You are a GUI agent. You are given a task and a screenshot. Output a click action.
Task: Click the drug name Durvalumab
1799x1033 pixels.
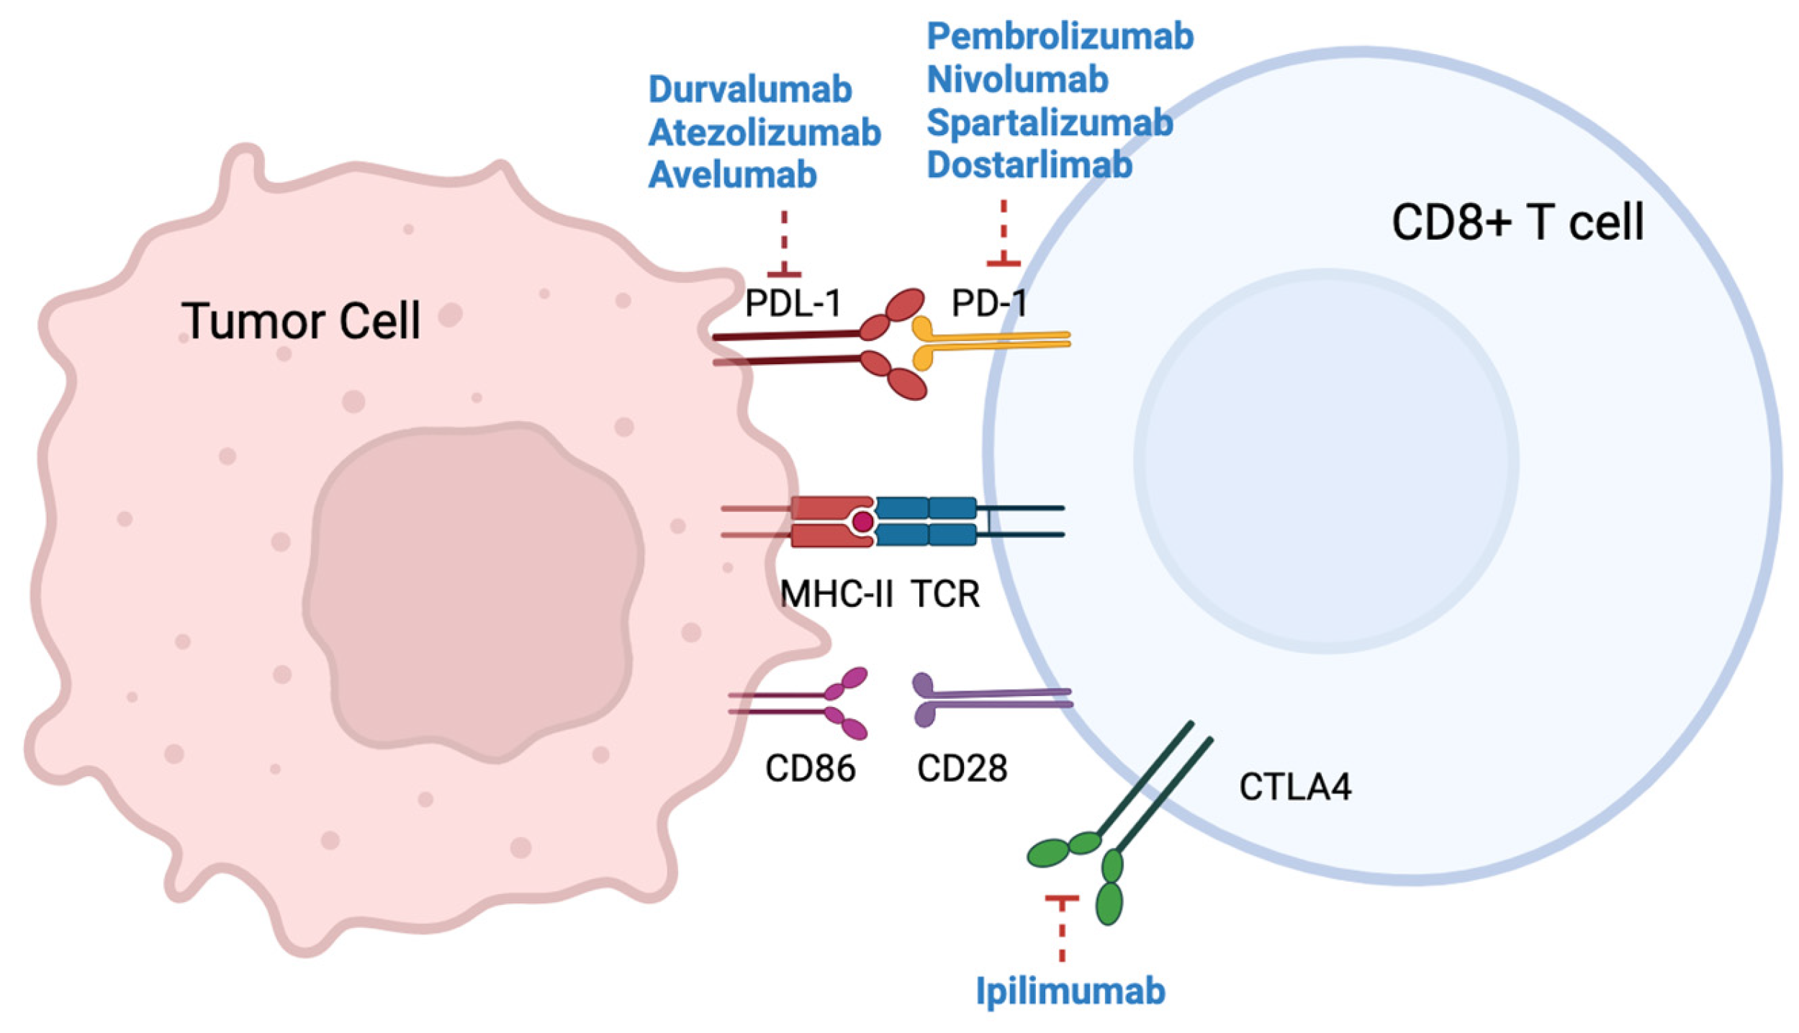pyautogui.click(x=749, y=90)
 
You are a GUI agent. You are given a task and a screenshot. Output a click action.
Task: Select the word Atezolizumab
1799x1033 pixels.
pyautogui.click(x=764, y=133)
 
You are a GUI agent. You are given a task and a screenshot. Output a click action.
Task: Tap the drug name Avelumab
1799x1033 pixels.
pyautogui.click(x=732, y=176)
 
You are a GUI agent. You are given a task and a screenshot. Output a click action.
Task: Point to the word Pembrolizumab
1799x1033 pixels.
pyautogui.click(x=1059, y=37)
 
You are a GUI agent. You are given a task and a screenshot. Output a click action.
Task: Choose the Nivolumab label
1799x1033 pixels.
pyautogui.click(x=1016, y=80)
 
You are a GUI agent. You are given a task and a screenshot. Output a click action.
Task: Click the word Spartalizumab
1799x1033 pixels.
pyautogui.click(x=1049, y=123)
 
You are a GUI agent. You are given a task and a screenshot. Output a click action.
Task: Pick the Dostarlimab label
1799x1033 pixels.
pyautogui.click(x=1029, y=166)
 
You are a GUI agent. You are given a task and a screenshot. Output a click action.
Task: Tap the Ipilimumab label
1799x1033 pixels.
pyautogui.click(x=1070, y=991)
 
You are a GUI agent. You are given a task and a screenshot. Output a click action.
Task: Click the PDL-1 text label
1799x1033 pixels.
pyautogui.click(x=793, y=303)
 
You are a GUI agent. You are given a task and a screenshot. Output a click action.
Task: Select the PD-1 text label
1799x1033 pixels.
pyautogui.click(x=990, y=303)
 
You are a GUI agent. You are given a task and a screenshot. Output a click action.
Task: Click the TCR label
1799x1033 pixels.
pyautogui.click(x=945, y=594)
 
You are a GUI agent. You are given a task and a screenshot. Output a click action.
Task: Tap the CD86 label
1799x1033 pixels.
pyautogui.click(x=810, y=768)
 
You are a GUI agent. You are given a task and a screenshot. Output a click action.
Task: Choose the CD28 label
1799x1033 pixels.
pyautogui.click(x=962, y=768)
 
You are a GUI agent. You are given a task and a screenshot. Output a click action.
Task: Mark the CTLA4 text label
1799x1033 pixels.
pyautogui.click(x=1295, y=787)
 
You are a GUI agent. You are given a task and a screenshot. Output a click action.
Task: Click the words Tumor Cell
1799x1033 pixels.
pyautogui.click(x=301, y=321)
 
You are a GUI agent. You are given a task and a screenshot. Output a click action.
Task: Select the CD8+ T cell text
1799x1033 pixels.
pyautogui.click(x=1518, y=222)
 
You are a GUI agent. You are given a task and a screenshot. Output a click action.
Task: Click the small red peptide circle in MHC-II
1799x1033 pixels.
pyautogui.click(x=862, y=521)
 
